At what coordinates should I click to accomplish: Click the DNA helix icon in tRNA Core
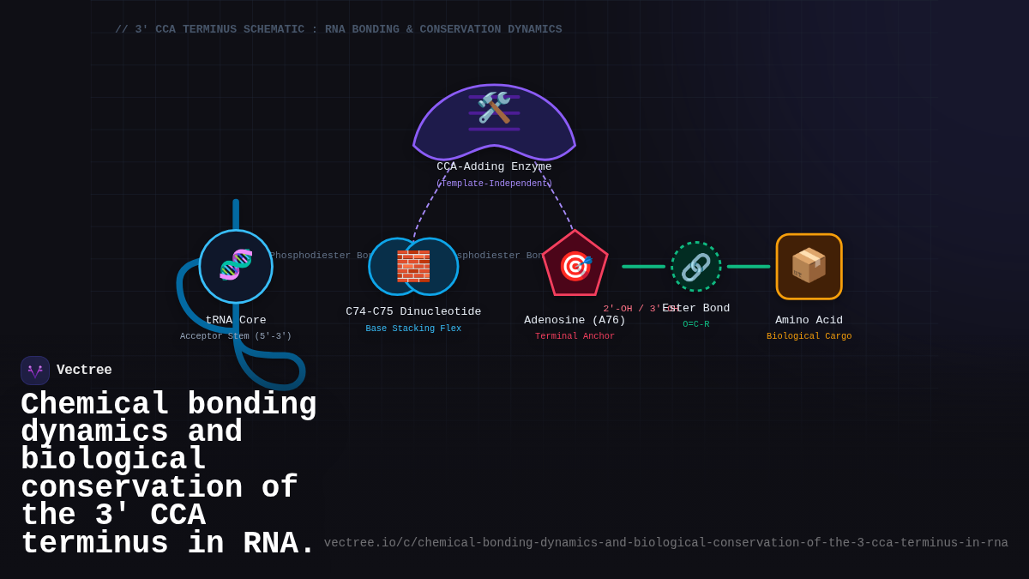coord(236,265)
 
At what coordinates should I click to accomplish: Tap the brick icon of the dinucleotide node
coord(413,266)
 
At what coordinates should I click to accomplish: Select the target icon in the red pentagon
coord(575,266)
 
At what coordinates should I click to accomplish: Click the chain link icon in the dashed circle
coord(695,267)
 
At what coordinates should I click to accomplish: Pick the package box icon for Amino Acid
coord(809,266)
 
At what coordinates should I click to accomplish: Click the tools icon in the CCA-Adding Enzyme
coord(494,108)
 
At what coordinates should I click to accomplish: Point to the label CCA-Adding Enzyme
coord(494,166)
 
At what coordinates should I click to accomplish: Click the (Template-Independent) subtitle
coord(494,184)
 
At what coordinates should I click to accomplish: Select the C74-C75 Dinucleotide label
coord(413,311)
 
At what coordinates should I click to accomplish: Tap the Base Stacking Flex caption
coord(413,329)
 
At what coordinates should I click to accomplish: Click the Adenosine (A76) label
coord(575,320)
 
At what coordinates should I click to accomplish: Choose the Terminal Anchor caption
coord(575,336)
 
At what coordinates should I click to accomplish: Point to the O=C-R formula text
coord(695,324)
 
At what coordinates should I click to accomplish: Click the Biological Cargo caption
coord(809,336)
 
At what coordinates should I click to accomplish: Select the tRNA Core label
coord(236,320)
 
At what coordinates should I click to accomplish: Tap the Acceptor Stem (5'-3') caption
coord(236,336)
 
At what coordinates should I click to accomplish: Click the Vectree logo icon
coord(35,371)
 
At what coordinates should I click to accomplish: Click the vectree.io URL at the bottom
coord(665,543)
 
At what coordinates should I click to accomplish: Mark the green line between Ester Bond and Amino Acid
coord(749,267)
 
